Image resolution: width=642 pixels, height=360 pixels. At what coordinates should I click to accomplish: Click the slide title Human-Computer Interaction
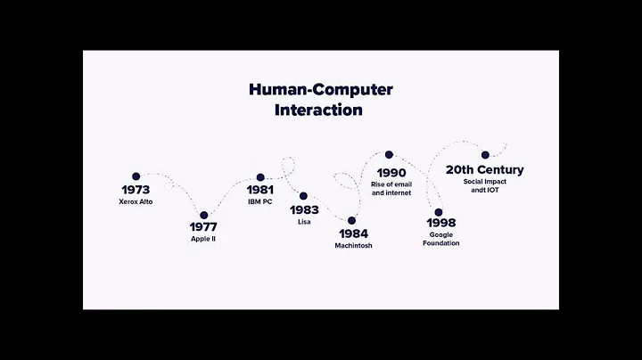(x=320, y=100)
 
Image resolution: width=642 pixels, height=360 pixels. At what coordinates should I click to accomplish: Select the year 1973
(x=136, y=190)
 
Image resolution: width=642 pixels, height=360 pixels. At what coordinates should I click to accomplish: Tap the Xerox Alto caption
(x=136, y=202)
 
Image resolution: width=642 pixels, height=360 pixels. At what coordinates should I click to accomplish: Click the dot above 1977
(x=203, y=215)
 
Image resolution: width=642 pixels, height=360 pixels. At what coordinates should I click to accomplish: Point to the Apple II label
(x=203, y=239)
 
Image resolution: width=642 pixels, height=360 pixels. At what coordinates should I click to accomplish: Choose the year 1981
(x=259, y=190)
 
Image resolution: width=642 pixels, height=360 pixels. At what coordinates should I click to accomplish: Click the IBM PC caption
(x=259, y=202)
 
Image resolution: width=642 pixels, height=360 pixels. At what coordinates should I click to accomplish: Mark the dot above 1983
(x=303, y=196)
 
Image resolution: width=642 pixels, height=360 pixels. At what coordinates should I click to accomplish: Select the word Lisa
(x=304, y=222)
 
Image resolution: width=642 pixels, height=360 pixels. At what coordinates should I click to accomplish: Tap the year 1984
(x=351, y=233)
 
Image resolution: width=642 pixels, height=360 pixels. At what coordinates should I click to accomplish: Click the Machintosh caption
(x=351, y=245)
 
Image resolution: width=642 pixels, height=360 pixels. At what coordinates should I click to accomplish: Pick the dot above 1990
(x=389, y=155)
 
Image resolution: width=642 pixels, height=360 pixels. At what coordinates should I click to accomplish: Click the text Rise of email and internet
(x=391, y=188)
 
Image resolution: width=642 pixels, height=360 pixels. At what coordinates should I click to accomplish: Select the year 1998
(x=441, y=223)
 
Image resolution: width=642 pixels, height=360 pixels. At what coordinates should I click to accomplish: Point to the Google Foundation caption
(x=441, y=239)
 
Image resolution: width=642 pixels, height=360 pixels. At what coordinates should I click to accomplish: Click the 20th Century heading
(x=484, y=169)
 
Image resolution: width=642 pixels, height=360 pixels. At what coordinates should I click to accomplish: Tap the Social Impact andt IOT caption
(x=484, y=185)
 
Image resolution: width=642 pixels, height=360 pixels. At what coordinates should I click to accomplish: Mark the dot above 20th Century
(x=485, y=154)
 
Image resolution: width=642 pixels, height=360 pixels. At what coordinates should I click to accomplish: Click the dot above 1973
(x=136, y=176)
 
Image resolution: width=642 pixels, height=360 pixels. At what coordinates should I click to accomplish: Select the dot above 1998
(x=438, y=212)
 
